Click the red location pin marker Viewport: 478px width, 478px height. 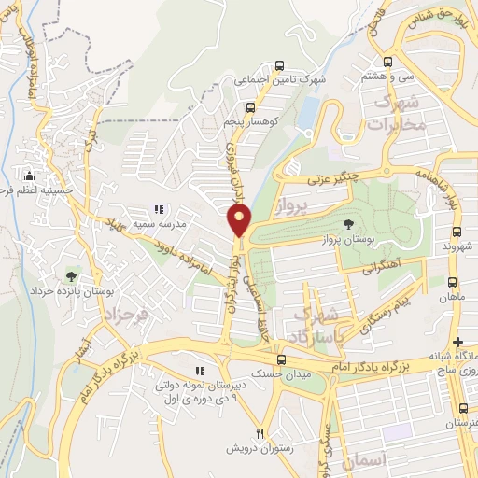[x=240, y=220]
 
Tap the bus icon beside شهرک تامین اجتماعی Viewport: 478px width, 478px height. [x=280, y=65]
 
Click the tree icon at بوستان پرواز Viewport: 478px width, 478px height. [x=348, y=224]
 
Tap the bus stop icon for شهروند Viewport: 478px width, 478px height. [x=457, y=232]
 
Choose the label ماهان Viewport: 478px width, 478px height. [x=454, y=298]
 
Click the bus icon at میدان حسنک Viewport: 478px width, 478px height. [x=282, y=358]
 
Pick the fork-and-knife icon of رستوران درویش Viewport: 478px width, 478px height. [x=261, y=433]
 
